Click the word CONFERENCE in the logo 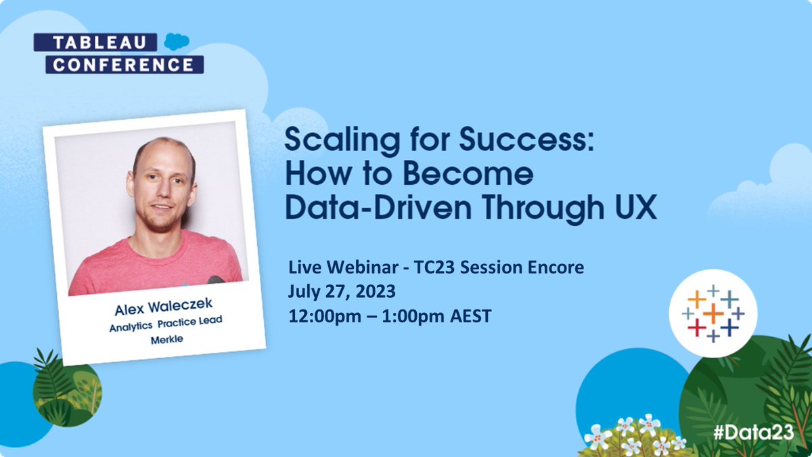[x=124, y=65]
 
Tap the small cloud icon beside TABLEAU [x=177, y=42]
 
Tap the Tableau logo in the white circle [x=713, y=313]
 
